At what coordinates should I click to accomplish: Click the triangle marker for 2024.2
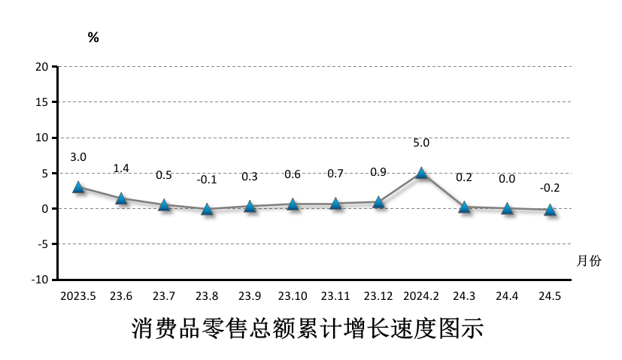pos(421,173)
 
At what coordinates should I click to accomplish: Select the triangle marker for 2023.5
pos(78,187)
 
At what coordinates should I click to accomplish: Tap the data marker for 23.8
pos(207,209)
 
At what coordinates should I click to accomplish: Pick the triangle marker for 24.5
pos(550,210)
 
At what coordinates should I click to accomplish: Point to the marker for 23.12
pos(378,202)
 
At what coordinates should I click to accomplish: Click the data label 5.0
pos(421,142)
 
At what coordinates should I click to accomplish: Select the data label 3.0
pos(78,157)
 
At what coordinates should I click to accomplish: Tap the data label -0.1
pos(207,180)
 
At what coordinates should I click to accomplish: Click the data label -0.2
pos(550,188)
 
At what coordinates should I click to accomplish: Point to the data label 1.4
pos(121,168)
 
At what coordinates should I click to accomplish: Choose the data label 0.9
pos(378,172)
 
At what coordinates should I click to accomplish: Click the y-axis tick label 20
pos(42,67)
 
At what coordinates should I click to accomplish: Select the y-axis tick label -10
pos(40,280)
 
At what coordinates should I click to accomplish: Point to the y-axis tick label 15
pos(42,102)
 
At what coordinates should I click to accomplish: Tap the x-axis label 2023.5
pos(78,295)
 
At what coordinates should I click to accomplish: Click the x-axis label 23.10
pos(293,295)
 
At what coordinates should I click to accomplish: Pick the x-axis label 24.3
pos(464,295)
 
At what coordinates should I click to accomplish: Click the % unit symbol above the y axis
pos(93,38)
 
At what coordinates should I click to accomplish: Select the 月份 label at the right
pos(589,261)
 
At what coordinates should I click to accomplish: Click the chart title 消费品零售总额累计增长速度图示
pos(307,328)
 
